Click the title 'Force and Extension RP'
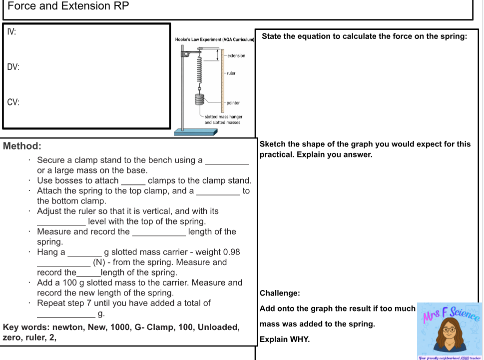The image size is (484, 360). [68, 6]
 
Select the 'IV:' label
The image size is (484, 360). [11, 32]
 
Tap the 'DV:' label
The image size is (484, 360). [13, 67]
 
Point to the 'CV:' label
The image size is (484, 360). [13, 102]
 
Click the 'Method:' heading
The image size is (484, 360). [22, 146]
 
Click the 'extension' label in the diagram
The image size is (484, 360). [236, 55]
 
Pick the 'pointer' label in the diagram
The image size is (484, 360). [233, 103]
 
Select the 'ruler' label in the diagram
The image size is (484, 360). [231, 73]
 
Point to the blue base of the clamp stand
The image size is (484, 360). [196, 132]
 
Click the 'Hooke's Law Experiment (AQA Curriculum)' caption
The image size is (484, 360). [215, 39]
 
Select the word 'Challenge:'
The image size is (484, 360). [280, 293]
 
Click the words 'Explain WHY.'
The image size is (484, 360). [285, 339]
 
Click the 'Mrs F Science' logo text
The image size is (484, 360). [452, 313]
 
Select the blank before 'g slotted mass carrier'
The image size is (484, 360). [84, 252]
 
